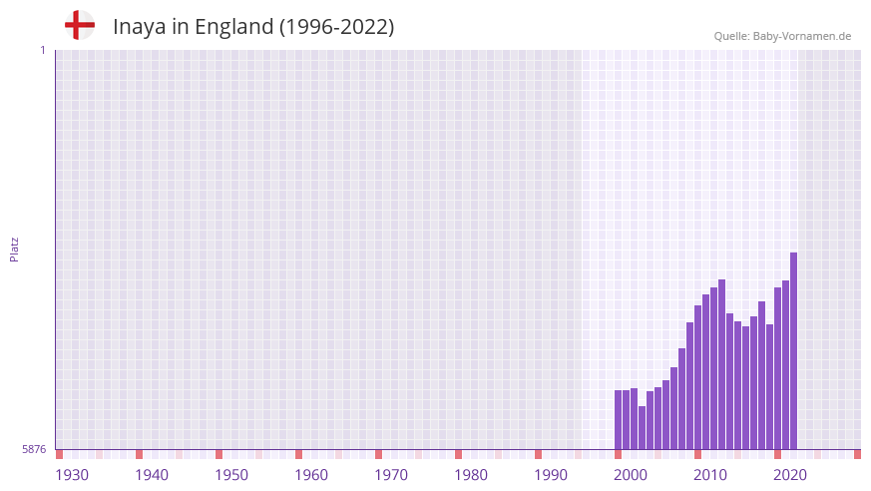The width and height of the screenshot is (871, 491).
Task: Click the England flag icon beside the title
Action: point(80,25)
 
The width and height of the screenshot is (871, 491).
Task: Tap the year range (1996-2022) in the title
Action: point(336,27)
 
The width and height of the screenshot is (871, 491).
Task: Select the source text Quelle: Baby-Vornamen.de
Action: point(782,36)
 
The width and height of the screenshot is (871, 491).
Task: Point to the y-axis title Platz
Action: point(14,248)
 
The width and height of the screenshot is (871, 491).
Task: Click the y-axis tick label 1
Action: point(42,50)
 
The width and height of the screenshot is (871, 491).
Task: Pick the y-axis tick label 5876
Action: point(34,449)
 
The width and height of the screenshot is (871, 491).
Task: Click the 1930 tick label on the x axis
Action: point(72,475)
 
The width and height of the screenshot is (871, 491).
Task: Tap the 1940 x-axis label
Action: point(152,475)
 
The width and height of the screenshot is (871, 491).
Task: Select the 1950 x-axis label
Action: point(231,475)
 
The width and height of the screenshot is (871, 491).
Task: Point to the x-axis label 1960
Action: point(311,475)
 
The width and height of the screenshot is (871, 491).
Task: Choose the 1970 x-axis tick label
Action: point(391,475)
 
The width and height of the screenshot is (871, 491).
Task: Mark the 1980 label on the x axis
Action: point(471,475)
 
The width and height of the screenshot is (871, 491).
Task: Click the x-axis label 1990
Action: point(551,475)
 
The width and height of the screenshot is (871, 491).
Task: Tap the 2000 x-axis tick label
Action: point(631,475)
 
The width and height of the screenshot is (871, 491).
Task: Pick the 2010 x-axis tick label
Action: point(710,475)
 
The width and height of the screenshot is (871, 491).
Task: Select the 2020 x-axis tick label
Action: point(790,475)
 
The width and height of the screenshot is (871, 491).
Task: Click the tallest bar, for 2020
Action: point(793,349)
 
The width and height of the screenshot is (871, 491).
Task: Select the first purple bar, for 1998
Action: point(618,419)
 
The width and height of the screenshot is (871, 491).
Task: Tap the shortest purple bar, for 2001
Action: point(642,427)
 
